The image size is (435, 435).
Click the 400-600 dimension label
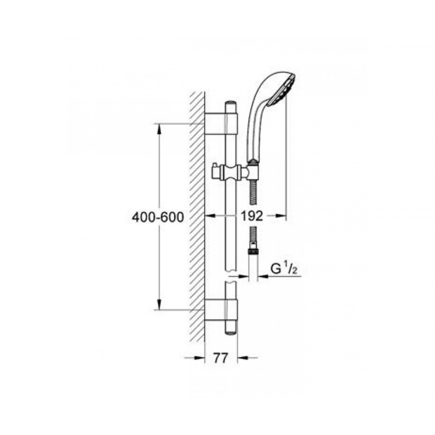[x=157, y=217]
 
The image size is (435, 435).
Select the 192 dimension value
[x=251, y=216]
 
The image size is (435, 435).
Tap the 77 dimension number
[x=221, y=358]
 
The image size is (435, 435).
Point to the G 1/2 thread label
[x=284, y=269]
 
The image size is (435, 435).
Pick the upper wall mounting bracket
[x=221, y=124]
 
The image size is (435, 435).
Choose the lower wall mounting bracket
[x=221, y=310]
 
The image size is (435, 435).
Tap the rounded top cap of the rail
[x=231, y=107]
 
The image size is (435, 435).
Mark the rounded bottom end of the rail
[x=231, y=328]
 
